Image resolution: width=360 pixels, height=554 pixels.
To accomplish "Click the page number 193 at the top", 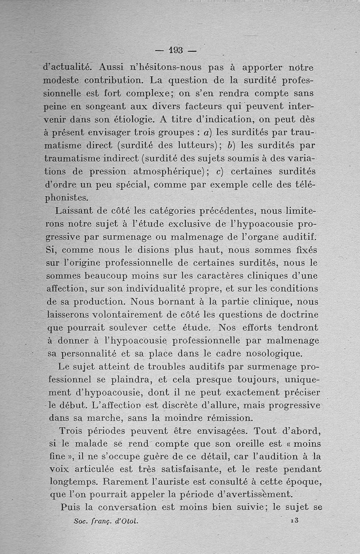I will (x=175, y=50).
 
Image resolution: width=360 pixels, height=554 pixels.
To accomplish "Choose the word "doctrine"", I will (x=298, y=314).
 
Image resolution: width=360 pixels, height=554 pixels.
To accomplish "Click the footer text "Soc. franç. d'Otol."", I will (x=105, y=522).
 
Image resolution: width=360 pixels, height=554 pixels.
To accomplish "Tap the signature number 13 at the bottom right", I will (x=295, y=520).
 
